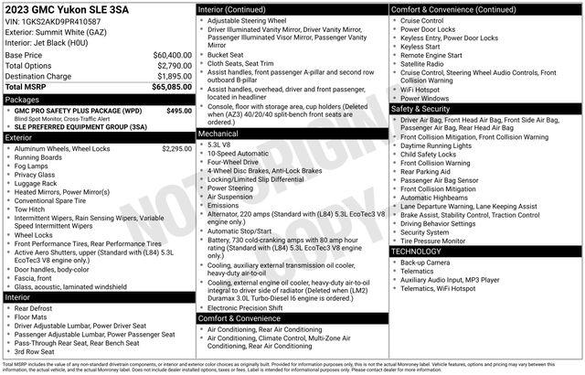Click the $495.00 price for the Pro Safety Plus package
click(x=178, y=111)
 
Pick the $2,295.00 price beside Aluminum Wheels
click(x=175, y=148)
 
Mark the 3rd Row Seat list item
click(x=36, y=351)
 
